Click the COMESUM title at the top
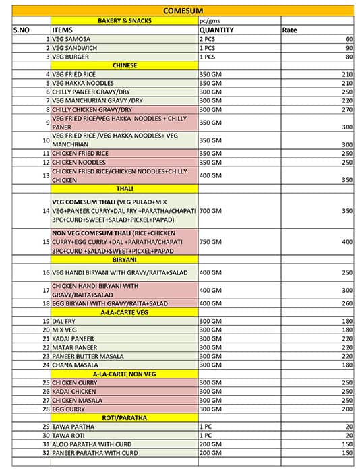183,11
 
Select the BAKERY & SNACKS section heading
124,21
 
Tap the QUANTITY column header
216,30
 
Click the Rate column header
290,30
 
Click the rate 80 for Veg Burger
349,57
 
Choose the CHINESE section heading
125,65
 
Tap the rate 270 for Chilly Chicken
347,109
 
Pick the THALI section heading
124,189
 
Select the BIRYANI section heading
124,259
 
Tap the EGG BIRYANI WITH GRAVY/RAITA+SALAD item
110,303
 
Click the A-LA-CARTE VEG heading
124,312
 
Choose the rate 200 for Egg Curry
347,409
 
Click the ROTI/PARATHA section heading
124,418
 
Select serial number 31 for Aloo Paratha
46,444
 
